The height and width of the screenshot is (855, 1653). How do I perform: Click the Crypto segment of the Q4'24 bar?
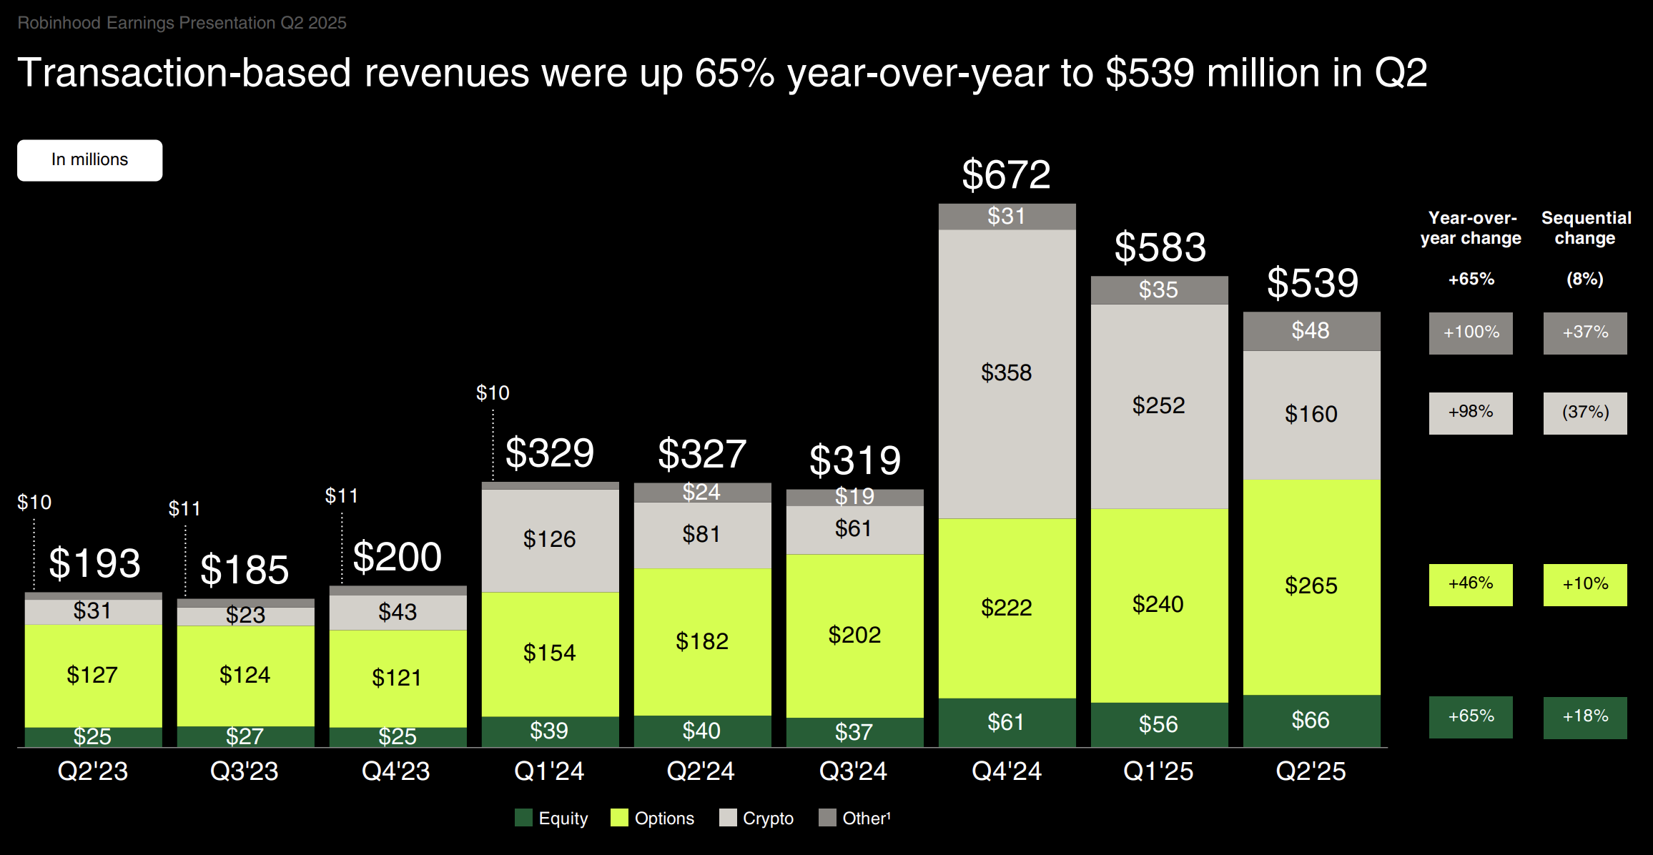coord(1007,373)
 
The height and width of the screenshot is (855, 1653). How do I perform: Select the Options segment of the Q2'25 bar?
coord(1311,586)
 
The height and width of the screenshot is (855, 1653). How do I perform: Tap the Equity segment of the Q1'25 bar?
coord(1159,724)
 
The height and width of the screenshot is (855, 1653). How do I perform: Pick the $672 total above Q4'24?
coord(1006,174)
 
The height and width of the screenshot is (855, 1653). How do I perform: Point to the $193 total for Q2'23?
coord(94,563)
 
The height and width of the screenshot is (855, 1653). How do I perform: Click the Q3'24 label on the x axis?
coord(853,771)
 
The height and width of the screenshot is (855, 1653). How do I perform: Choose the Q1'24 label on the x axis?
coord(549,771)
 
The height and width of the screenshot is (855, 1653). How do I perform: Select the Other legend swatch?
coord(827,818)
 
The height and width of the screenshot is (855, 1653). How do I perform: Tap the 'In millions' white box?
coord(90,160)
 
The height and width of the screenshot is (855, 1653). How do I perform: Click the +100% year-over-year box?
coord(1471,333)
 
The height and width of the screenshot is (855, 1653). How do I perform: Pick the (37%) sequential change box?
coord(1585,413)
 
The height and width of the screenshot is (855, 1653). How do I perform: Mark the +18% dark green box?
coord(1585,717)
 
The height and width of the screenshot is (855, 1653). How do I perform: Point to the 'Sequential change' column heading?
coord(1586,228)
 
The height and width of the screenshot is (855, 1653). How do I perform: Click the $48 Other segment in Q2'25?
coord(1311,331)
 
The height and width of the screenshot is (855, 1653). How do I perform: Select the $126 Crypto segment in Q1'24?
coord(549,540)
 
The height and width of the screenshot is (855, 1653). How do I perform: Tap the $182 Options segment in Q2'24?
coord(702,642)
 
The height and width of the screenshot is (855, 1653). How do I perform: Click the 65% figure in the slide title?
coord(734,73)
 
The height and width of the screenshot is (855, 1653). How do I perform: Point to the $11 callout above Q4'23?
coord(342,496)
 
